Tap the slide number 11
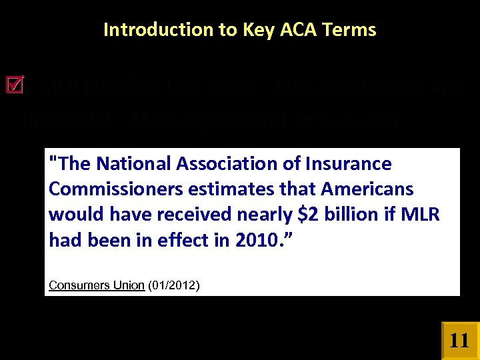tap(459, 341)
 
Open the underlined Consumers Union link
tap(97, 285)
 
